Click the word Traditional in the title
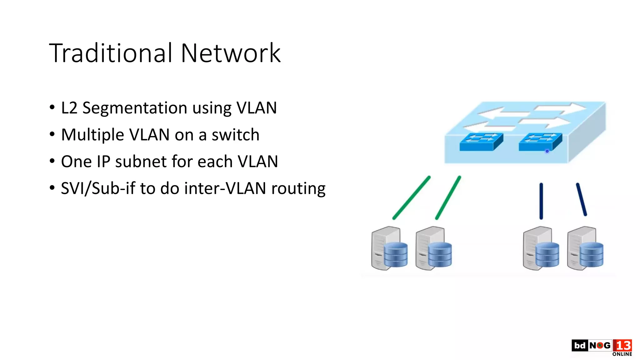[x=111, y=53]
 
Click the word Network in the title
[x=231, y=53]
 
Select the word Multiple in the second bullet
[x=92, y=135]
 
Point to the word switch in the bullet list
[x=235, y=135]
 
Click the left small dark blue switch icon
[x=481, y=142]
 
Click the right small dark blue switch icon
[x=540, y=142]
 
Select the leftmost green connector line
[x=412, y=197]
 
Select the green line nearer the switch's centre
[x=448, y=197]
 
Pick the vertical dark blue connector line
[x=541, y=201]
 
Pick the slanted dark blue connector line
[x=581, y=199]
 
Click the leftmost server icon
[x=389, y=248]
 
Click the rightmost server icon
[x=585, y=248]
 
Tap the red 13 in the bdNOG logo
[x=622, y=346]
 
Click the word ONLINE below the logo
[x=622, y=354]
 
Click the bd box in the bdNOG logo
[x=580, y=345]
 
